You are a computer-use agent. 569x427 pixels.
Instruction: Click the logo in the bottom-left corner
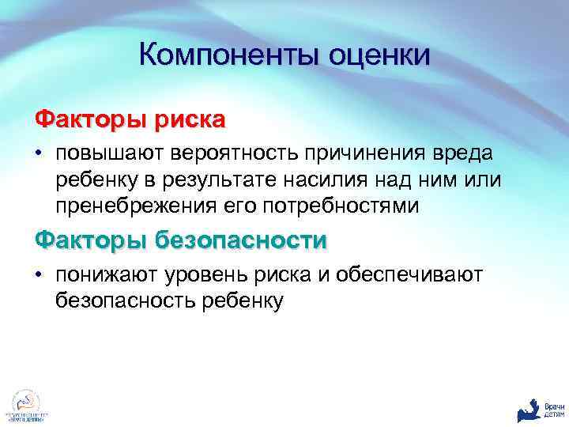click(x=25, y=403)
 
